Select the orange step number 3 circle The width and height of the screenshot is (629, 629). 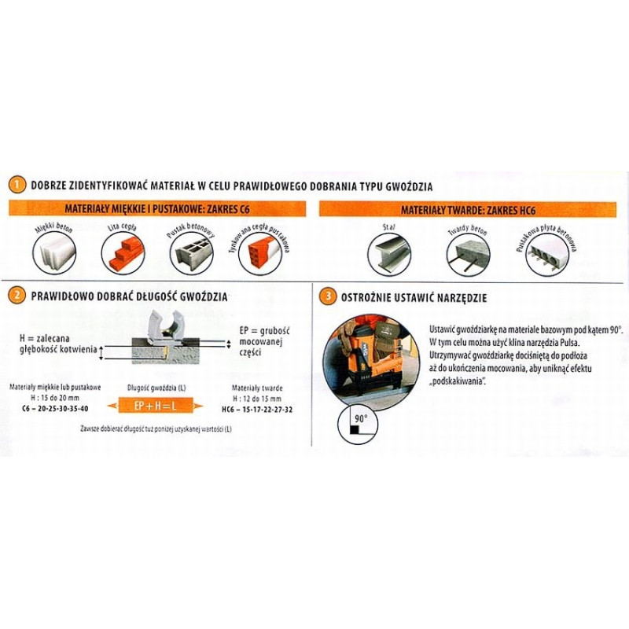point(326,297)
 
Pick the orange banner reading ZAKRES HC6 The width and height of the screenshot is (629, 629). point(467,210)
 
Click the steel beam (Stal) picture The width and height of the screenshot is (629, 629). point(391,253)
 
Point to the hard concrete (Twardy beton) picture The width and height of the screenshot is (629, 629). point(467,253)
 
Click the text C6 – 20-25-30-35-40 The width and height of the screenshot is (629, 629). point(50,408)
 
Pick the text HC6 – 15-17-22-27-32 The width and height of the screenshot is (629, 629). point(257,409)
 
